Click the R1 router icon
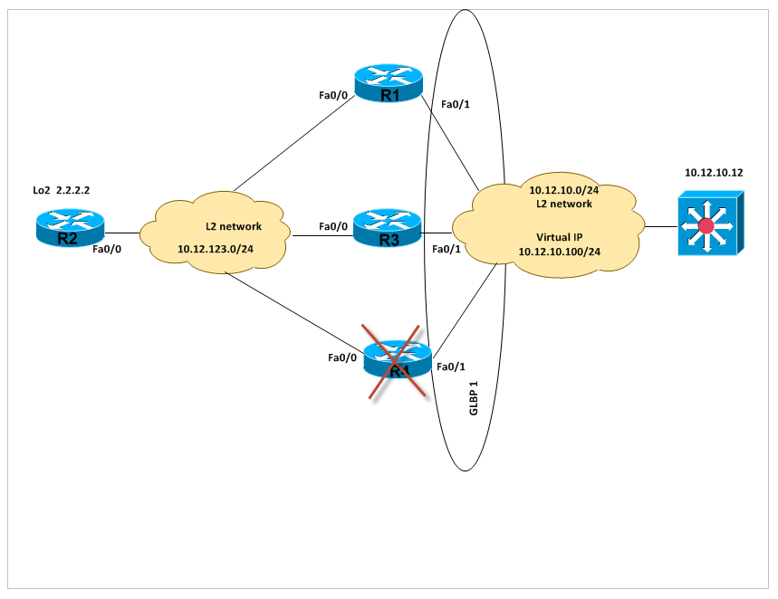(x=389, y=83)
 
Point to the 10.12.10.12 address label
(x=713, y=172)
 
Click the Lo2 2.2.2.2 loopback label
(x=61, y=191)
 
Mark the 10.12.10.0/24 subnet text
(x=562, y=190)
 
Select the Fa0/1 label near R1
(x=455, y=105)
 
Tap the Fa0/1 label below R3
(x=447, y=248)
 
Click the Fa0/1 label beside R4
(x=450, y=366)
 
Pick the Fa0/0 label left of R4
(x=343, y=357)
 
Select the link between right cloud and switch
(x=661, y=223)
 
